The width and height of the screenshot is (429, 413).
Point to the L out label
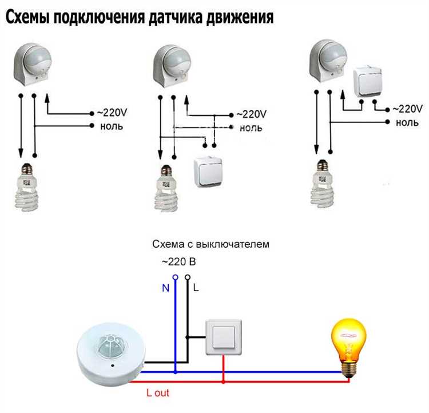coord(158,393)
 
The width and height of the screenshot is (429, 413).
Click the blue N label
coord(166,288)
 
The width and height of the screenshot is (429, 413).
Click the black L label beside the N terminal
coord(196,288)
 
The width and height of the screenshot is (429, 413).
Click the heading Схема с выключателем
coord(210,244)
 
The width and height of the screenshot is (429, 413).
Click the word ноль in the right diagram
coord(407,122)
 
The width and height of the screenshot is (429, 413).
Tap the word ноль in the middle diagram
coord(251,128)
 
